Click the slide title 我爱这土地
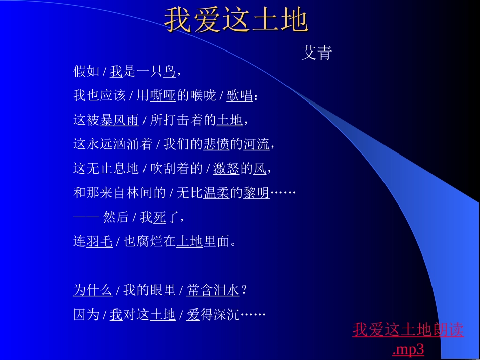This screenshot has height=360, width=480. point(236,21)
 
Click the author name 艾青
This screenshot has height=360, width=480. point(316,53)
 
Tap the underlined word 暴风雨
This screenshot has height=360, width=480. point(119,120)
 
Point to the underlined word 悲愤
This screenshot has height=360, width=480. point(216,144)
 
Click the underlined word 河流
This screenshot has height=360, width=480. point(256,144)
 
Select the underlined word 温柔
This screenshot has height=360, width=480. point(216,193)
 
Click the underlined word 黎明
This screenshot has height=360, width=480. point(256,193)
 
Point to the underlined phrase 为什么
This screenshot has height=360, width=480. point(92,290)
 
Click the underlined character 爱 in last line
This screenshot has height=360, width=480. point(194,315)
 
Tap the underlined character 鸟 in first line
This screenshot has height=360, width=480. point(169,72)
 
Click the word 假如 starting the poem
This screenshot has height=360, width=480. point(86,72)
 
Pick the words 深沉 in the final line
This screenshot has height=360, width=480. point(227,315)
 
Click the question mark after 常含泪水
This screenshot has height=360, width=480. point(244,290)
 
